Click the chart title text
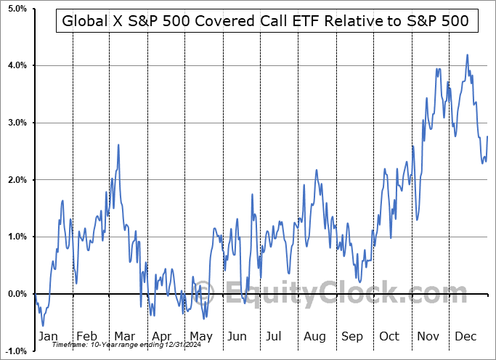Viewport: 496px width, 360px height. point(266,22)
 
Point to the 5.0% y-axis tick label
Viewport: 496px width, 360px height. point(15,9)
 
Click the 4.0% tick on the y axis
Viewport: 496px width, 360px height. point(15,66)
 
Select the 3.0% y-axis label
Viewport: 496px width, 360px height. point(15,123)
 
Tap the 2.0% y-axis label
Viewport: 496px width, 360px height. point(15,180)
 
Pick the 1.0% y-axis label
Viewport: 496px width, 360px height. point(15,237)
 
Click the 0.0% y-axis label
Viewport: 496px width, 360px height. point(15,294)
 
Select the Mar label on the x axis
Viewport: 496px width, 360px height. point(123,336)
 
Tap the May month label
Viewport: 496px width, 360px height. point(200,336)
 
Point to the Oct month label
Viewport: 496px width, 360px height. point(390,336)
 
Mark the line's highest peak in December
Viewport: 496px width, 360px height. point(467,54)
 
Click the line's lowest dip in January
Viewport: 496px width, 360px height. point(43,325)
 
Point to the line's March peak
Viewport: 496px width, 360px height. point(118,144)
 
